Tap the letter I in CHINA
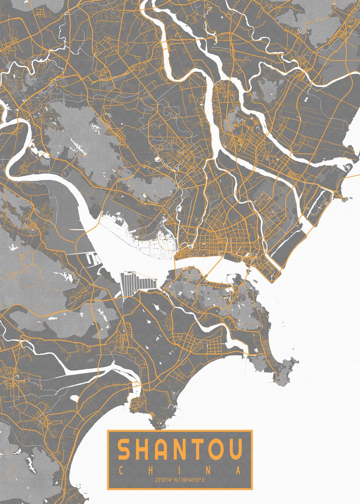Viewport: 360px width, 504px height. point(179,470)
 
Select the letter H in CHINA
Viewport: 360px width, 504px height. point(150,470)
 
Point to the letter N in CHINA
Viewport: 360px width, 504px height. point(209,470)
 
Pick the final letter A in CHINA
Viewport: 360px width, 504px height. point(238,470)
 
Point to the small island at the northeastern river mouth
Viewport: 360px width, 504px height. point(347,167)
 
